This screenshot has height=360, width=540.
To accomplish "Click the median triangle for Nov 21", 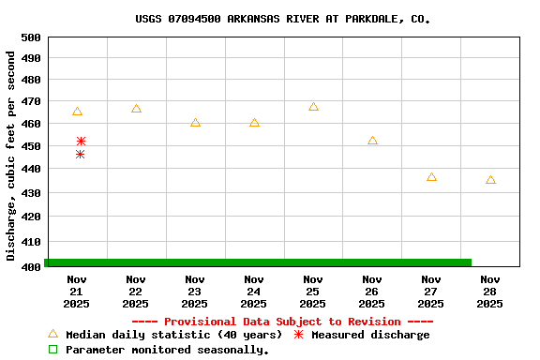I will pos(77,112).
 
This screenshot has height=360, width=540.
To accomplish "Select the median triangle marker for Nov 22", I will pos(136,109).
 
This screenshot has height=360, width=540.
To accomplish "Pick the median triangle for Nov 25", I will pos(313,107).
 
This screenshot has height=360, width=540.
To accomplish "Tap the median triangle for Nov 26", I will pos(372,141).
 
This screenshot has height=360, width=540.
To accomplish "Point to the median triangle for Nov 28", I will pos(490,179).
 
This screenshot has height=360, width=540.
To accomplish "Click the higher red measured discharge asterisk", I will pos(81,141).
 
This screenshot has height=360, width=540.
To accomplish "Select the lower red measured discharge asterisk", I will pos(80,154).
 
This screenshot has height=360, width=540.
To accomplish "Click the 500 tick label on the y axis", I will pos(31,37).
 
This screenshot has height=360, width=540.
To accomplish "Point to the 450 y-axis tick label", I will pos(31,147).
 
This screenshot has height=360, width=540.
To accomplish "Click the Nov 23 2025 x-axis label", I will pos(195,292).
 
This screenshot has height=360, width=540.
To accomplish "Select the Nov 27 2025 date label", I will pos(431,292).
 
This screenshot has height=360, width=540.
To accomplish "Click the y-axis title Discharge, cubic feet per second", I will pos(11,155).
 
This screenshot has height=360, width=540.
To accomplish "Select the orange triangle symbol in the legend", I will pos(52,334).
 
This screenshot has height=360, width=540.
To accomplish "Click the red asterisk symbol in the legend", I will pos(298,335).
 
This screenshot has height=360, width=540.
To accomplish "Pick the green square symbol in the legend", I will pos(52,350).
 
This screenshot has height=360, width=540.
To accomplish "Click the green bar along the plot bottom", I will pos(258,262).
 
